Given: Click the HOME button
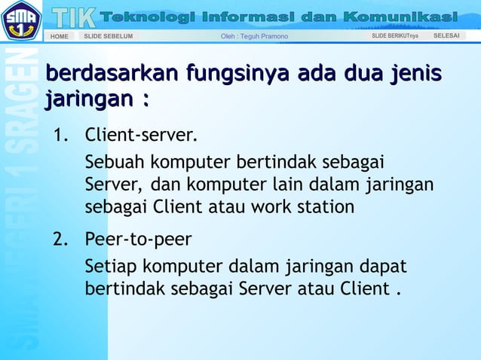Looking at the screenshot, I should click(59, 36).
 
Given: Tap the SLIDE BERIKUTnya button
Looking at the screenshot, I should click(394, 35).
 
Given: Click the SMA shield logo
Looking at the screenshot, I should click(21, 21).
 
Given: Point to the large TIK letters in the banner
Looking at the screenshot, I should click(74, 16).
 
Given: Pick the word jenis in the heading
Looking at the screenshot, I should click(415, 74).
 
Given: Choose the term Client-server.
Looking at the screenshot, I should click(141, 136).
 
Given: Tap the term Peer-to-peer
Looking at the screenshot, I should click(138, 239).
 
